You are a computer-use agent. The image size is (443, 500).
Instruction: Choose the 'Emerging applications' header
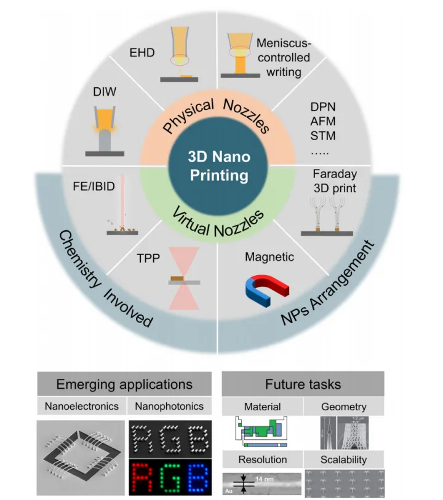click(124, 385)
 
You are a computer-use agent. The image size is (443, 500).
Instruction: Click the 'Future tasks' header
click(303, 385)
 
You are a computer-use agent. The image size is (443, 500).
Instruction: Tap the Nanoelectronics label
click(81, 407)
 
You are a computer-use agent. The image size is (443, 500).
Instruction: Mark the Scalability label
click(343, 459)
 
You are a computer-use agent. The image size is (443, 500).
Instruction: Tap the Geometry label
click(343, 407)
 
